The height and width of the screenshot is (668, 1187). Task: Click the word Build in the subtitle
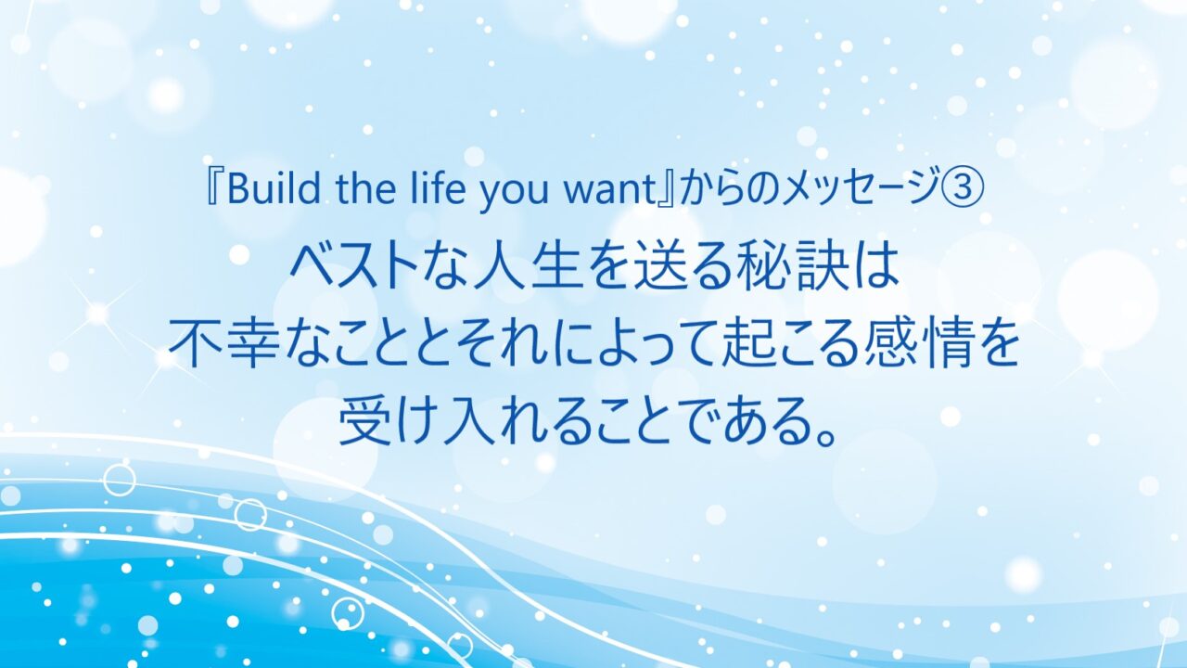coord(274,189)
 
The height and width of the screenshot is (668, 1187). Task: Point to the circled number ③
coord(966,190)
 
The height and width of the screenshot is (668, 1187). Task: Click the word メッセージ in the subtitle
coord(863,190)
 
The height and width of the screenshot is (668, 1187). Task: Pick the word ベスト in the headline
coord(354,268)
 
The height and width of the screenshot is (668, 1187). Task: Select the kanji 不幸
coord(223,344)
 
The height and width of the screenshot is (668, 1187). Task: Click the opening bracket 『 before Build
coord(214,190)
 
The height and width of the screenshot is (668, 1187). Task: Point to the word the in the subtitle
coord(365,188)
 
